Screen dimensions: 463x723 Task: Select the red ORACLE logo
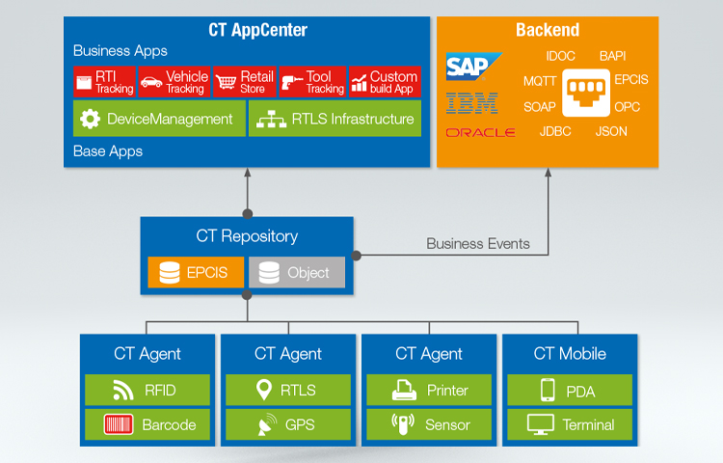click(480, 132)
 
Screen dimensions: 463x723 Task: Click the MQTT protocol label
click(540, 81)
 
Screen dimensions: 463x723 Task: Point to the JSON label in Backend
click(611, 131)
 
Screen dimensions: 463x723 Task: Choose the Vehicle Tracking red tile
click(174, 82)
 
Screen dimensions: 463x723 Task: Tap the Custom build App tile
click(383, 82)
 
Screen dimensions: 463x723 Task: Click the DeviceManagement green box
click(158, 120)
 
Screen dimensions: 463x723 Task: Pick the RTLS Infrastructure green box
click(335, 120)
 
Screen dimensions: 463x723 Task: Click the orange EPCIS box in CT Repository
click(196, 273)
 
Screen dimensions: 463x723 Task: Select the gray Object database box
click(296, 273)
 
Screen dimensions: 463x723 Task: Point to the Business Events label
click(478, 244)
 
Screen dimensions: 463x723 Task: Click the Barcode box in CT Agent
click(147, 424)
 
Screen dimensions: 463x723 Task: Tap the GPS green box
click(288, 424)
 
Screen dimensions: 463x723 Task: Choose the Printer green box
click(429, 391)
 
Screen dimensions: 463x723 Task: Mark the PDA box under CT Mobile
click(570, 391)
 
